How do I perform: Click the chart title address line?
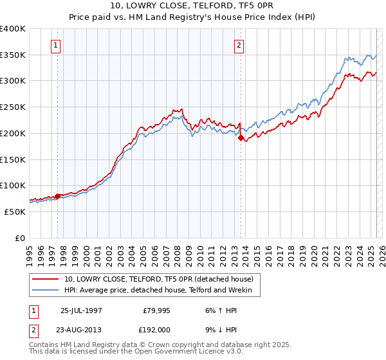click(193, 6)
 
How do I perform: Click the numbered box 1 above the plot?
click(57, 46)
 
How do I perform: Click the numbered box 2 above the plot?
click(239, 46)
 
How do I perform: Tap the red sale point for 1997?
click(58, 196)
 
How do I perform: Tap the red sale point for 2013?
click(241, 137)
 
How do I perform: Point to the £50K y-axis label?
click(14, 212)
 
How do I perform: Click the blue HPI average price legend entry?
click(161, 291)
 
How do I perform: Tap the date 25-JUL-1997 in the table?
click(81, 310)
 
